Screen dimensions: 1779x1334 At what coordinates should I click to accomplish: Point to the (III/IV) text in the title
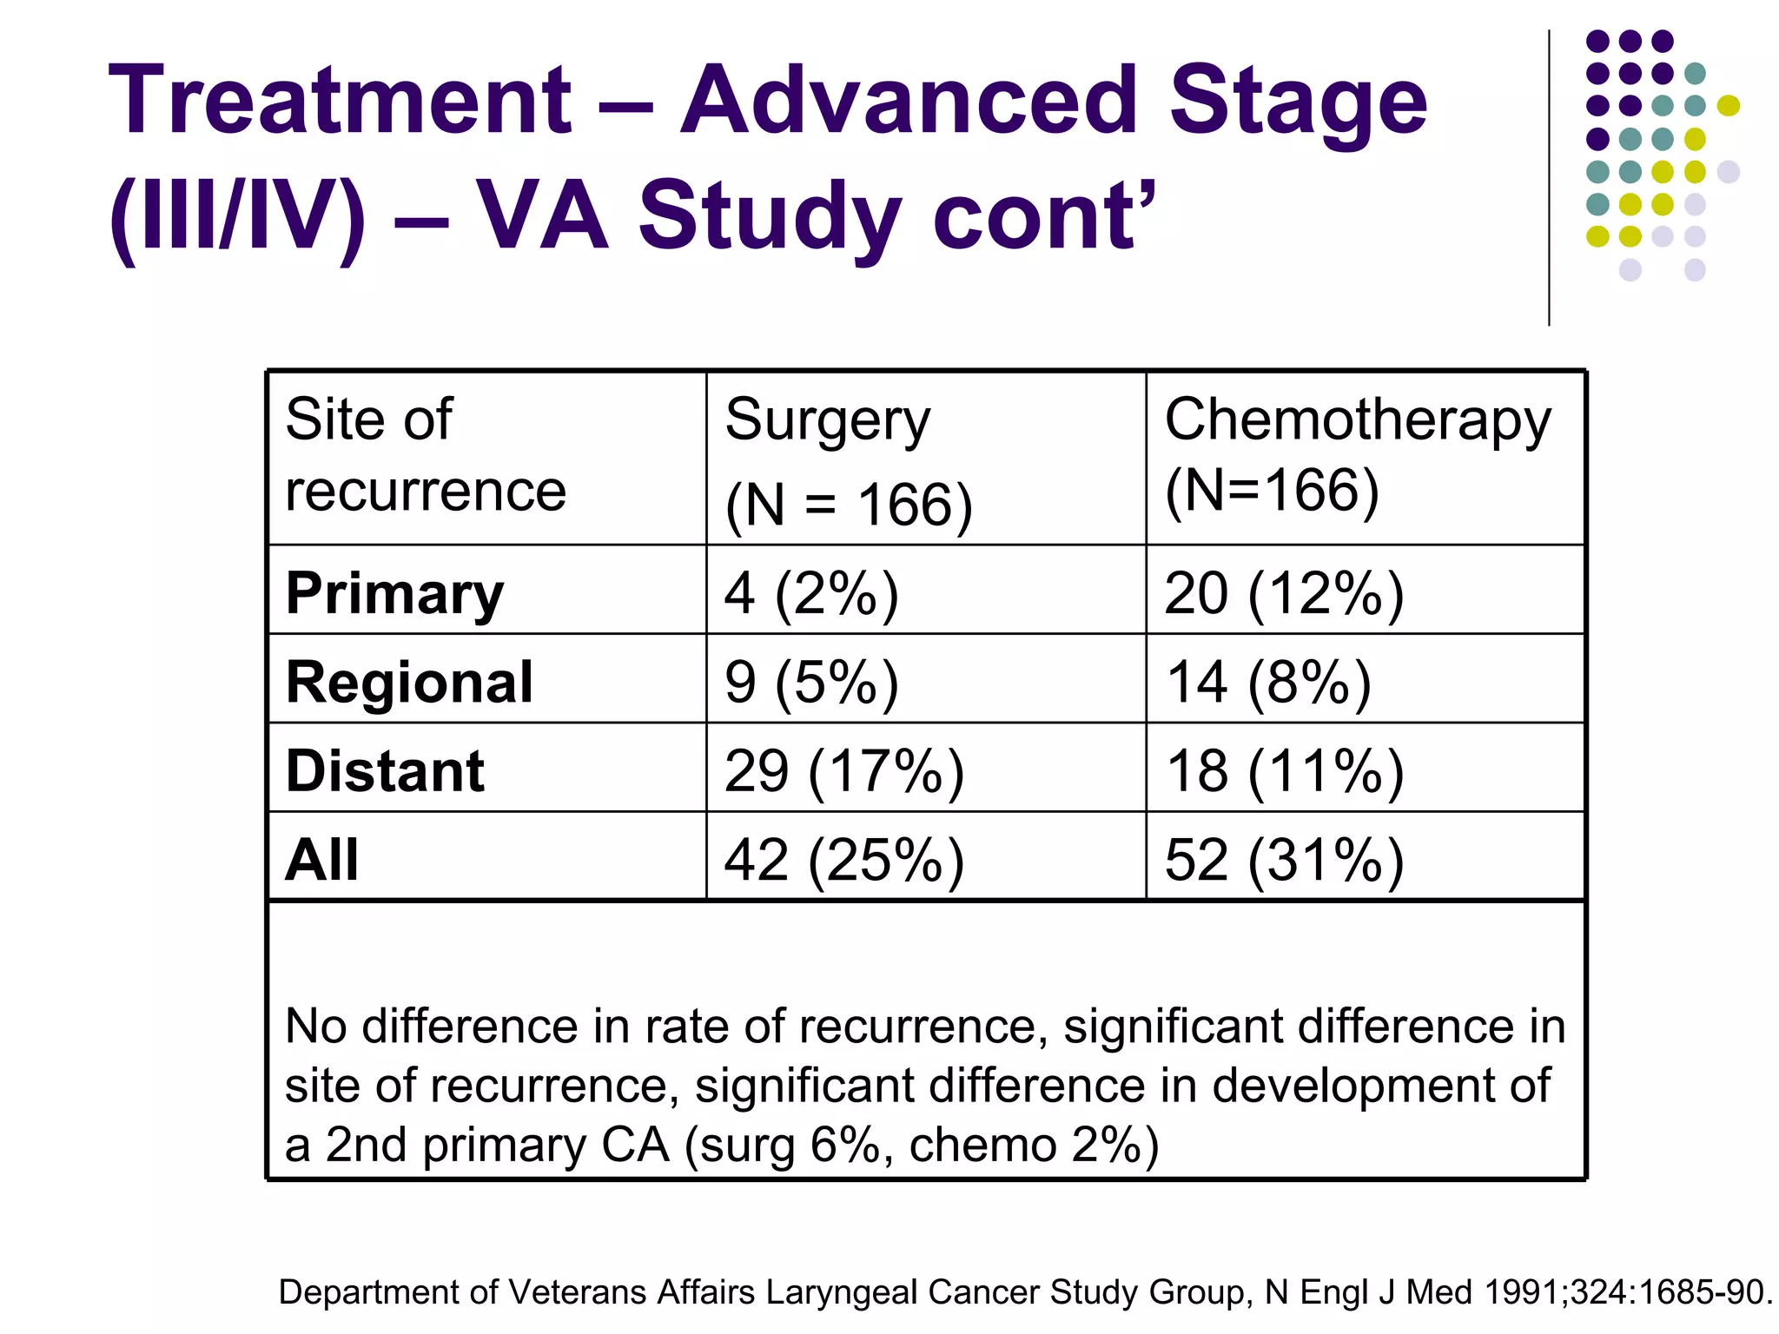point(238,217)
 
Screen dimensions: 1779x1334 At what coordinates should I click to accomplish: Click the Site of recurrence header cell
point(426,454)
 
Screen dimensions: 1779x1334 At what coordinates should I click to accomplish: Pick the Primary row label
point(394,594)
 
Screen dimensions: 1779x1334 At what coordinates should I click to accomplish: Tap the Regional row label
point(409,683)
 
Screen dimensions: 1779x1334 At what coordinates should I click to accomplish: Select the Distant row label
point(385,771)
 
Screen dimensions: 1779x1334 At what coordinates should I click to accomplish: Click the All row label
point(321,860)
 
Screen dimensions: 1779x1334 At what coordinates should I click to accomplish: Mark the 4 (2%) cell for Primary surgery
point(811,595)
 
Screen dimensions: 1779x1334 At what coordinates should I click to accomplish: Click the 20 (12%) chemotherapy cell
point(1284,595)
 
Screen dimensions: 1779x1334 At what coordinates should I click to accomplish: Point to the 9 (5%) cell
point(811,684)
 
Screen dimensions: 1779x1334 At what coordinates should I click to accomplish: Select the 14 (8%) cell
point(1268,684)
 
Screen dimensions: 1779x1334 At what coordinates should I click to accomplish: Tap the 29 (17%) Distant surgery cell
point(844,772)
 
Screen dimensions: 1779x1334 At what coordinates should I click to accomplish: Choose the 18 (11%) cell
point(1284,772)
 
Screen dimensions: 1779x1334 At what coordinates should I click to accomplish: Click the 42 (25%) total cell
point(844,861)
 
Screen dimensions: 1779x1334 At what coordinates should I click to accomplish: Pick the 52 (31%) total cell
point(1284,861)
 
